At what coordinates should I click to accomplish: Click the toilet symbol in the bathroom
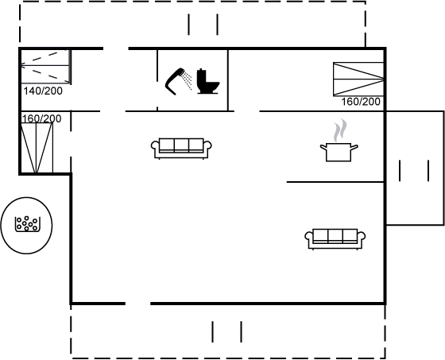pyautogui.click(x=208, y=81)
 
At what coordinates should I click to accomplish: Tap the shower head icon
pyautogui.click(x=174, y=81)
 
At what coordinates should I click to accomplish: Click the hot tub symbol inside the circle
pyautogui.click(x=27, y=224)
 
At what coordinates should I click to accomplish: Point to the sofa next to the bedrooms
pyautogui.click(x=181, y=149)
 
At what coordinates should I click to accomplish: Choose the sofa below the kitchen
pyautogui.click(x=335, y=239)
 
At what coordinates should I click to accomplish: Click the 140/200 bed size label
pyautogui.click(x=43, y=91)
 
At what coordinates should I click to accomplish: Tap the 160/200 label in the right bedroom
pyautogui.click(x=361, y=102)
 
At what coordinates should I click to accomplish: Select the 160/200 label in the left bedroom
pyautogui.click(x=41, y=118)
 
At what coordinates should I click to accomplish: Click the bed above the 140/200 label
pyautogui.click(x=45, y=67)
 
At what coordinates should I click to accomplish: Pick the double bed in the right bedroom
pyautogui.click(x=358, y=79)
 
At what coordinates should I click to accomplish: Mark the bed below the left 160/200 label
pyautogui.click(x=37, y=148)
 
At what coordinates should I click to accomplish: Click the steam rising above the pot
pyautogui.click(x=340, y=130)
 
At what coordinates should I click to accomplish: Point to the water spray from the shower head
pyautogui.click(x=188, y=79)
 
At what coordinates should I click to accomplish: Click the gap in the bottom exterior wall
pyautogui.click(x=138, y=304)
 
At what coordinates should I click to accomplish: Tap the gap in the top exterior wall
pyautogui.click(x=116, y=48)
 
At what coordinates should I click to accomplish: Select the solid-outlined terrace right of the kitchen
pyautogui.click(x=415, y=168)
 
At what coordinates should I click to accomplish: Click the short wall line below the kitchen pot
pyautogui.click(x=335, y=182)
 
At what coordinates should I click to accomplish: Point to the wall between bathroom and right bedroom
pyautogui.click(x=228, y=80)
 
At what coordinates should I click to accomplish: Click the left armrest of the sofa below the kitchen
pyautogui.click(x=309, y=236)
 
